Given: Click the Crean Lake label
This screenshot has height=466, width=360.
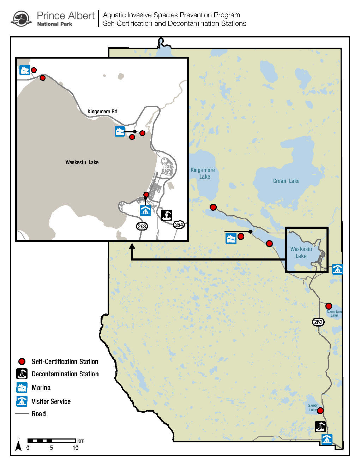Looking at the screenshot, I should (286, 181).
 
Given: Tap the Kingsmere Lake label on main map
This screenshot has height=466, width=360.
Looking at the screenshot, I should (203, 173).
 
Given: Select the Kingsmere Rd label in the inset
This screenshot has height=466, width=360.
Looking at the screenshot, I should (102, 112).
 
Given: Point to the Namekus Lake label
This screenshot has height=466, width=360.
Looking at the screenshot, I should (334, 313).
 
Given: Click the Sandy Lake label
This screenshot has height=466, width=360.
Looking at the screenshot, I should (313, 407).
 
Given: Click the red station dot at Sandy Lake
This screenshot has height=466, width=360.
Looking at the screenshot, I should (320, 411).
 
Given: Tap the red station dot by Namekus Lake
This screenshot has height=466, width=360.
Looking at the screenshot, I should (329, 306).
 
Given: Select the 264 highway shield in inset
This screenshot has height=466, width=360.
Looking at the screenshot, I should (179, 225).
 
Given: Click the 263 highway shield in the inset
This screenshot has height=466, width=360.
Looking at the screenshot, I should (142, 226).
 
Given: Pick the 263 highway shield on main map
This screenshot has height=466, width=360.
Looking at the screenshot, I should (318, 322).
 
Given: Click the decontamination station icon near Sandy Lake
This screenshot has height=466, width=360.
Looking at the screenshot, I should (320, 426).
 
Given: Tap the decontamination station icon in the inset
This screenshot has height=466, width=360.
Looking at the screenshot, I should (167, 215).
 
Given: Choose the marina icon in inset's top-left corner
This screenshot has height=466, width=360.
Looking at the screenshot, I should (25, 70).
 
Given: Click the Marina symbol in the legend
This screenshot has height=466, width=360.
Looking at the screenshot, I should (22, 388).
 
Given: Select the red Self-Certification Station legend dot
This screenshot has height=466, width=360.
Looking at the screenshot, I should (22, 362).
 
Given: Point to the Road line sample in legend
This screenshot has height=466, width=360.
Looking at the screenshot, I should (22, 414).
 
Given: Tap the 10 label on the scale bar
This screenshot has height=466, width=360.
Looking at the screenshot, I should (76, 448).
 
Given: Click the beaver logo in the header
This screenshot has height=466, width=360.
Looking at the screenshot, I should (21, 19).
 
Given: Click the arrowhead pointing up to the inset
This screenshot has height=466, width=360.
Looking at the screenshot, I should (132, 246).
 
